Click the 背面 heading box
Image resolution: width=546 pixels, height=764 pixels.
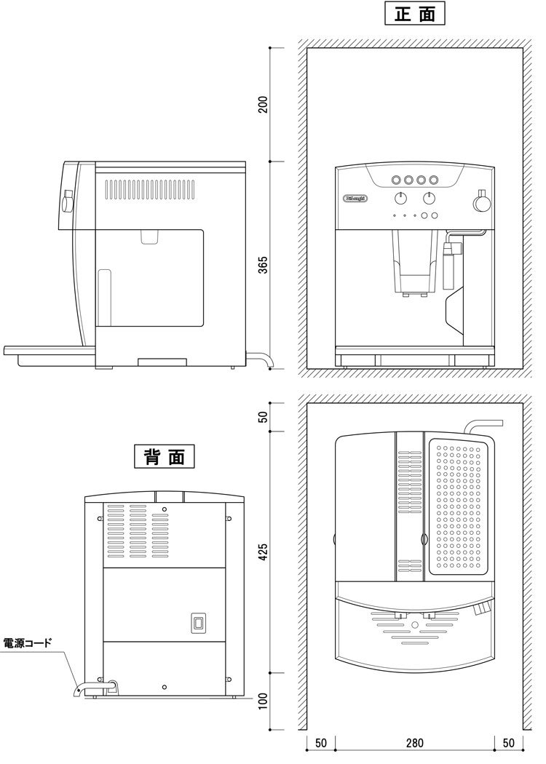point(164,456)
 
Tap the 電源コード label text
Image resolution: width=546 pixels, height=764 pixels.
point(28,643)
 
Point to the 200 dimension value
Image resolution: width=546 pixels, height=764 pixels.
point(264,104)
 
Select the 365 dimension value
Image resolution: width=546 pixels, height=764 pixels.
point(264,265)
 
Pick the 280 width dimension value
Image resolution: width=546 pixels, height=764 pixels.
point(414,744)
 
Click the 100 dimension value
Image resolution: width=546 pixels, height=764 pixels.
point(264,702)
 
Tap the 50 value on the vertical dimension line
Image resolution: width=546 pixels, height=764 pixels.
point(264,416)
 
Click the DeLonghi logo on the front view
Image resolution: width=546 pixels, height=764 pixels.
point(355,198)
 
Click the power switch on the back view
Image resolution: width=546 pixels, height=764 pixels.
point(198,622)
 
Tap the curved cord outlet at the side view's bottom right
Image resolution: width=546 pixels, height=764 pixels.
point(262,358)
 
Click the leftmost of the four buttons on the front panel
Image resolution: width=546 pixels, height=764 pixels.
point(396,180)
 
